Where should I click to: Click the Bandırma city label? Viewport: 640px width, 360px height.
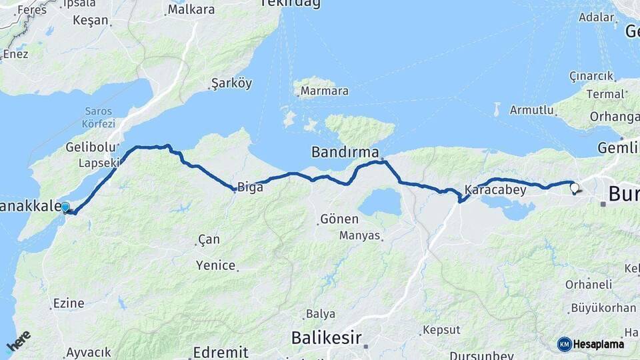345,153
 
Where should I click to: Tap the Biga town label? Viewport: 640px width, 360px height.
250,187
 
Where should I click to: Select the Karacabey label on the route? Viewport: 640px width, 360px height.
495,190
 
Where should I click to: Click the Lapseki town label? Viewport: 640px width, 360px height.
99,163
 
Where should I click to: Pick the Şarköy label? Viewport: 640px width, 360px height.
231,83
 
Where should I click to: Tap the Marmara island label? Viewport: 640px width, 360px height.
324,91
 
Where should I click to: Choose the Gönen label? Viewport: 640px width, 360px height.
339,219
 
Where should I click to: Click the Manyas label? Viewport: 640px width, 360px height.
359,235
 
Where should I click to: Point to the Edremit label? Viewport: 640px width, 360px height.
220,352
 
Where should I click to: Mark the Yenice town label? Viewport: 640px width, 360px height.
215,265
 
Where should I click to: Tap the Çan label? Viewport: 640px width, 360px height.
208,239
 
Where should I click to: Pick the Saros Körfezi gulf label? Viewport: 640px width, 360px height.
100,117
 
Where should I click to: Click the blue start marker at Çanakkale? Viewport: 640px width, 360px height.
65,207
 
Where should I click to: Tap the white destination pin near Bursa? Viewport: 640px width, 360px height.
574,188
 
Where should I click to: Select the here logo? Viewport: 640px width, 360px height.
18,342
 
